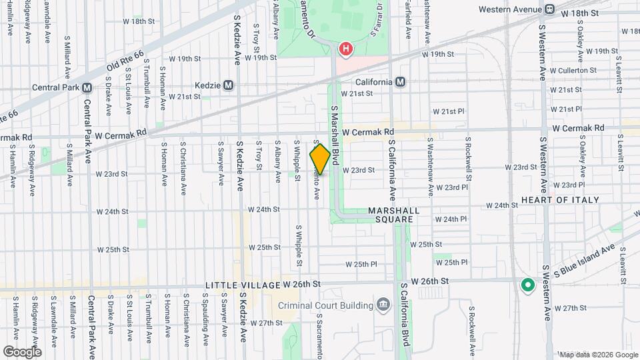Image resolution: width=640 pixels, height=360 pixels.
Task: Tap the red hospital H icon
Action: pyautogui.click(x=346, y=49)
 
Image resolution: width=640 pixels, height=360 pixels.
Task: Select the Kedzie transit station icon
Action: pyautogui.click(x=229, y=85)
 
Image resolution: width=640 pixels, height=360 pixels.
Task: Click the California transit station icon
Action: pyautogui.click(x=400, y=82)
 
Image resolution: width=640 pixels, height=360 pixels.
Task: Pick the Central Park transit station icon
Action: pyautogui.click(x=87, y=87)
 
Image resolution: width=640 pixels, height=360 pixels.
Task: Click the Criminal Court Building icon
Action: pyautogui.click(x=383, y=305)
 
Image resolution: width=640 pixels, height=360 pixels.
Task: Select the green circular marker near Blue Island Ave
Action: pyautogui.click(x=527, y=286)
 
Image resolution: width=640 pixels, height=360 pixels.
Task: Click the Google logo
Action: pyautogui.click(x=22, y=351)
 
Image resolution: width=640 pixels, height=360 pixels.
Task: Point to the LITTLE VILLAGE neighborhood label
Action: pyautogui.click(x=242, y=285)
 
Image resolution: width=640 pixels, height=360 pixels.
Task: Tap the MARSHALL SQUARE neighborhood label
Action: pyautogui.click(x=393, y=215)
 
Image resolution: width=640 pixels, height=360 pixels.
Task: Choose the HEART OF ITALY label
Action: pyautogui.click(x=560, y=200)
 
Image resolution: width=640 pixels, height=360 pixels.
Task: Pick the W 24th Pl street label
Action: pyautogui.click(x=455, y=219)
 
